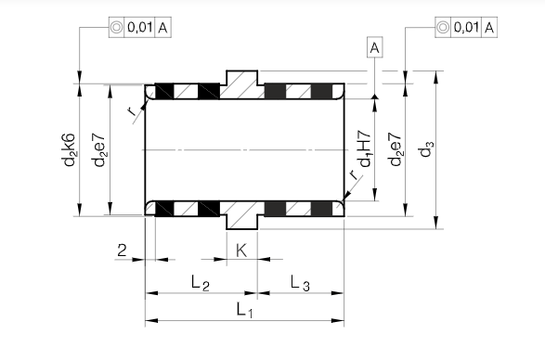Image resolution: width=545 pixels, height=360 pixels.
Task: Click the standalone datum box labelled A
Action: point(375,47)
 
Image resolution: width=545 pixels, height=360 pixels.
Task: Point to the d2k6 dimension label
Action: point(70,149)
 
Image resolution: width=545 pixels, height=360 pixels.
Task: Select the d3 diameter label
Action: point(427,148)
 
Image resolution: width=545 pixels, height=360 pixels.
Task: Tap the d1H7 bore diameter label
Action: point(366,148)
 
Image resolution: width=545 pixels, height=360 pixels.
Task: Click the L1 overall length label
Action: point(245,310)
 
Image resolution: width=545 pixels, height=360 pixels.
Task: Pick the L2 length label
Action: point(201,282)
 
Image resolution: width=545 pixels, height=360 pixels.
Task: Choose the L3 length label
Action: point(300,282)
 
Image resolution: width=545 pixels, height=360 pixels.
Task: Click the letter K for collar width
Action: point(241,251)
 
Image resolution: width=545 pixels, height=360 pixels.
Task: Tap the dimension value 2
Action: point(122,251)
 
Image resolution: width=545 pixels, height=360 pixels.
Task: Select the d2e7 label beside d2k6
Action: point(99,149)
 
